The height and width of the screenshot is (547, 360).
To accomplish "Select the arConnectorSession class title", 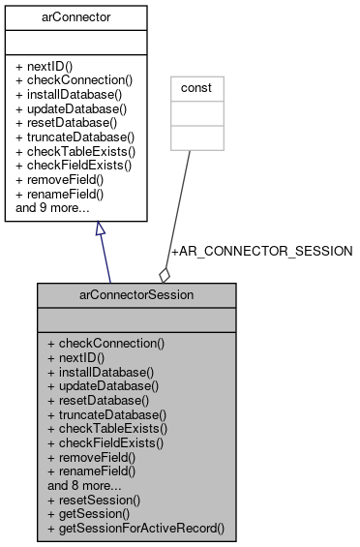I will (x=136, y=293).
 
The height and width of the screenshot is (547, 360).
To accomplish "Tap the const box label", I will (x=196, y=87).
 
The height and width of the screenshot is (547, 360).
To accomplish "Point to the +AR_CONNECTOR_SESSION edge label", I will (x=261, y=251).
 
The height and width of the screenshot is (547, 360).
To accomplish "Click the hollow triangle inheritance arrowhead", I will (x=99, y=229).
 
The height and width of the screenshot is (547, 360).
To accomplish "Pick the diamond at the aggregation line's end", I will (x=165, y=274).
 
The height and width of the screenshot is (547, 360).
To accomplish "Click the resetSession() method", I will (x=94, y=501).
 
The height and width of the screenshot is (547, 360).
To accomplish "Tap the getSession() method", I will (x=88, y=514).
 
